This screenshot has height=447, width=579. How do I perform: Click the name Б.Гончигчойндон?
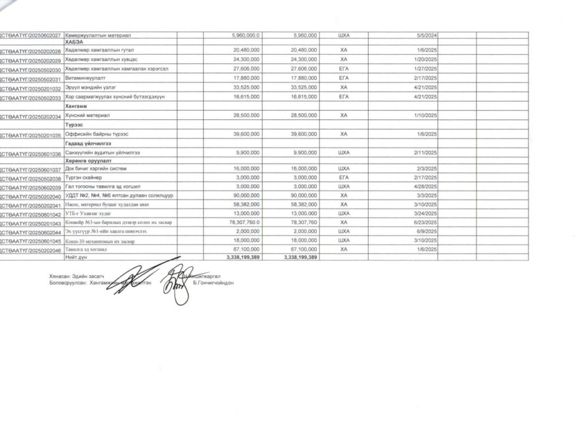tap(213, 283)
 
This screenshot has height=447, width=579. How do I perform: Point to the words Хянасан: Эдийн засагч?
tap(76, 276)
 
